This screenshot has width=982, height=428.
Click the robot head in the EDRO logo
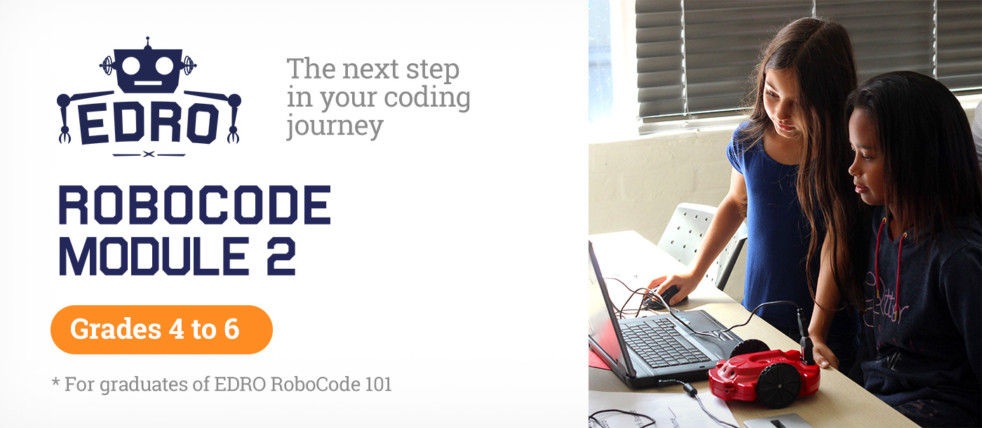(148, 69)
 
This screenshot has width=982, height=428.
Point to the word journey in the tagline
(335, 126)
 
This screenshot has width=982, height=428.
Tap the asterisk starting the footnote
(55, 383)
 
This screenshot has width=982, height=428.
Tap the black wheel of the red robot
(778, 384)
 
